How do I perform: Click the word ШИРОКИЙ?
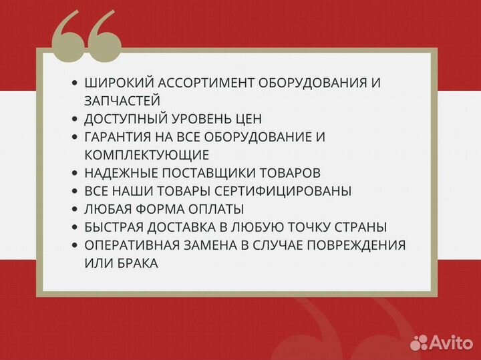114,83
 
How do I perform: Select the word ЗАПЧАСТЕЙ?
122,101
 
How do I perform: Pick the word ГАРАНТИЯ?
118,137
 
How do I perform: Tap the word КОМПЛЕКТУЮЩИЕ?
147,155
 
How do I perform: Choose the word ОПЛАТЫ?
216,209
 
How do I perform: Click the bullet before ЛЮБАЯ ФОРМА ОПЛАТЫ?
75,209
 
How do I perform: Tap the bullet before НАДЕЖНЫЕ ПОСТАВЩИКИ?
75,173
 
